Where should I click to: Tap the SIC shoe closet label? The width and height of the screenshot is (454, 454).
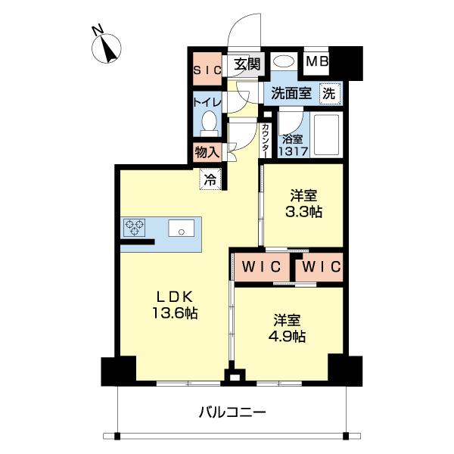(206, 70)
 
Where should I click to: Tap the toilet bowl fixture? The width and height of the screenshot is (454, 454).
(210, 121)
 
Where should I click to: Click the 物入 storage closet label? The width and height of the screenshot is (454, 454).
(207, 151)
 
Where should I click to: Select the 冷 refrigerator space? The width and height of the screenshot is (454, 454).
(210, 180)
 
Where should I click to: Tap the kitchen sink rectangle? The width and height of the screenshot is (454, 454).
(182, 227)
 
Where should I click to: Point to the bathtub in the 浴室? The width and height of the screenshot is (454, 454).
(327, 136)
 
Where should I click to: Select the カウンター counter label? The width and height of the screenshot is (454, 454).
(266, 141)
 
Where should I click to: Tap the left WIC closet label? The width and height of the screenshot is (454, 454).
(262, 267)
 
